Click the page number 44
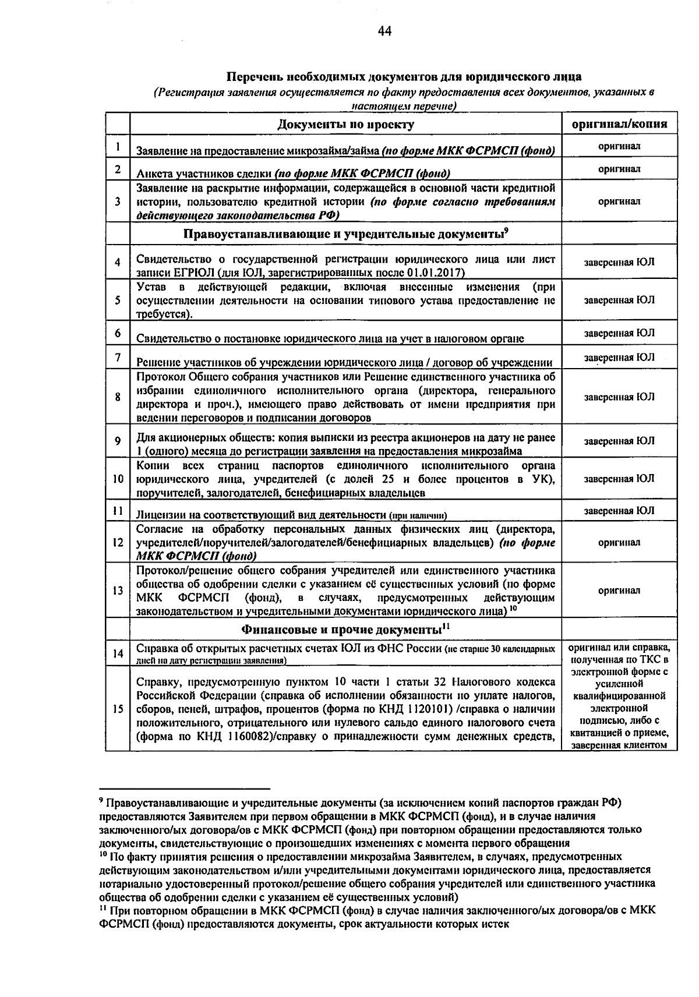[x=384, y=31]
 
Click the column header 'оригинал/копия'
[x=619, y=124]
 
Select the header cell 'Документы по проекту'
[x=345, y=124]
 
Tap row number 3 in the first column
[x=118, y=201]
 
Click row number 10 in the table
[x=118, y=479]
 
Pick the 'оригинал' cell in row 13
[x=619, y=591]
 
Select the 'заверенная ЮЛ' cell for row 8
[x=619, y=397]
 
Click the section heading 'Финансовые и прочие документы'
[x=343, y=630]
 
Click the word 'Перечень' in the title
[x=250, y=77]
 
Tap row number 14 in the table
[x=118, y=653]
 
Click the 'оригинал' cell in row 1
[x=619, y=146]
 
